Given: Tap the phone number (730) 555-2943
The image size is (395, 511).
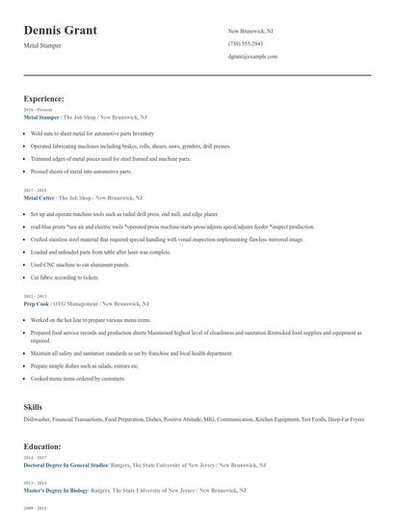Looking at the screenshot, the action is coord(245,44).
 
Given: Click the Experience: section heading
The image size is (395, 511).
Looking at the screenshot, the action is coord(44,98).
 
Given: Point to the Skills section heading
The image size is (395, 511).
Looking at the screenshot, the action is coord(33,407).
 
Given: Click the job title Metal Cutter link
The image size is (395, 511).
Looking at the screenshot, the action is coord(40,197).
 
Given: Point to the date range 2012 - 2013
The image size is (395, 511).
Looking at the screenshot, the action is coord(34,295).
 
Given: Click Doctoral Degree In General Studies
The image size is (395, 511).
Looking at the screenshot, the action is coord(66,465).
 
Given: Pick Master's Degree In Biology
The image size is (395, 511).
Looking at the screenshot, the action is coord(58,490).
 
